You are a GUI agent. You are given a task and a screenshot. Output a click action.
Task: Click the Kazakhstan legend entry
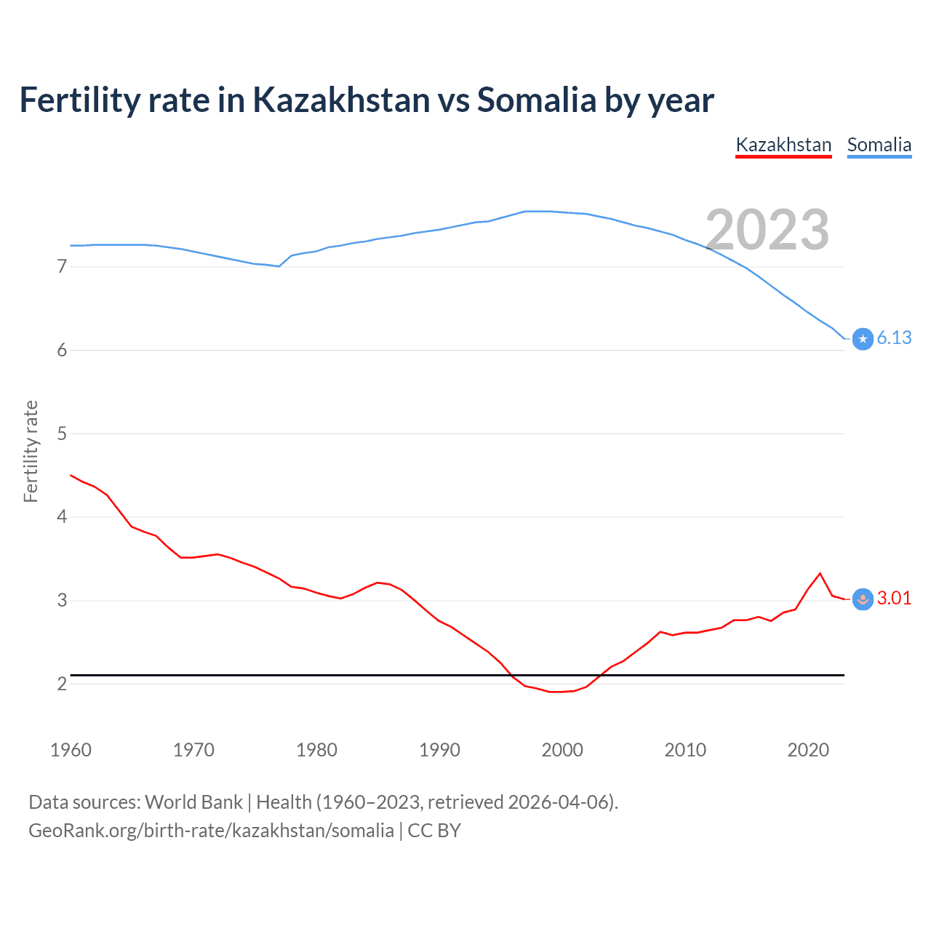point(783,145)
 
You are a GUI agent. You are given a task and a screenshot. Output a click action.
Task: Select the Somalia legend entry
point(879,145)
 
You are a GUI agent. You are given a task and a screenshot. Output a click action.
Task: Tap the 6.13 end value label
point(894,337)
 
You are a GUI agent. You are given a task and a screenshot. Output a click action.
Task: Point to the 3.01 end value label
point(894,598)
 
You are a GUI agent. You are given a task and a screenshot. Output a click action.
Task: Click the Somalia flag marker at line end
point(863,339)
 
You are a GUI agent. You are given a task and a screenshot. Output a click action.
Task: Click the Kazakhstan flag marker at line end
point(863,599)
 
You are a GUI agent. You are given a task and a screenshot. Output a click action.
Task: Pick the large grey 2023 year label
point(767,230)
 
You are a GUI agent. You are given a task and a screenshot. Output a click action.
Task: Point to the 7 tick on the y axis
point(62,267)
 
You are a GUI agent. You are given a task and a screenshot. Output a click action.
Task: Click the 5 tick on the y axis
point(62,433)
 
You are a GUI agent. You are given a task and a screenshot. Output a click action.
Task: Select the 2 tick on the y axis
point(62,684)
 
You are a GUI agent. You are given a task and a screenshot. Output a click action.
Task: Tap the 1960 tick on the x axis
point(71,750)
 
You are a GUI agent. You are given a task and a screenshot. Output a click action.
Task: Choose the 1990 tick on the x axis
point(439,750)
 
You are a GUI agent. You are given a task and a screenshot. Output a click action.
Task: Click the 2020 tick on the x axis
point(808,750)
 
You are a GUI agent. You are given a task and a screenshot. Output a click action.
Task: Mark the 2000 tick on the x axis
point(562,750)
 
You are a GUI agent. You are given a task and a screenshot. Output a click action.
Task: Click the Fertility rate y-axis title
point(31,451)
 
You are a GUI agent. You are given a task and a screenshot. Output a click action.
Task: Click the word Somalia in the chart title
point(536,100)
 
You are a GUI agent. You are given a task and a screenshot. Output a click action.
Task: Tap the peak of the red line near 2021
point(820,573)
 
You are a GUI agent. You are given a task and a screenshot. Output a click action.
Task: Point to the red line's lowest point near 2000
point(556,692)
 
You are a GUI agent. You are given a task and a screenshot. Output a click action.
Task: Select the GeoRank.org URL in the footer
point(211,831)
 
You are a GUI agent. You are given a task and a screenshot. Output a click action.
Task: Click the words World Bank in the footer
point(193,802)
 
